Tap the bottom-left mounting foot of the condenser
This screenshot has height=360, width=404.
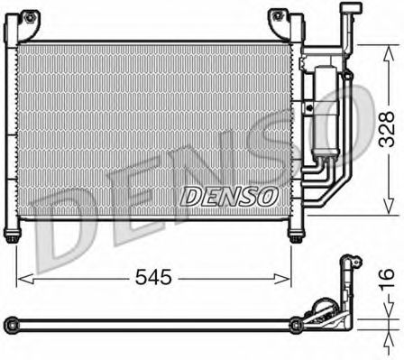click(12, 236)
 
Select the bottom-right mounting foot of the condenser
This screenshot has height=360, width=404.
click(296, 236)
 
